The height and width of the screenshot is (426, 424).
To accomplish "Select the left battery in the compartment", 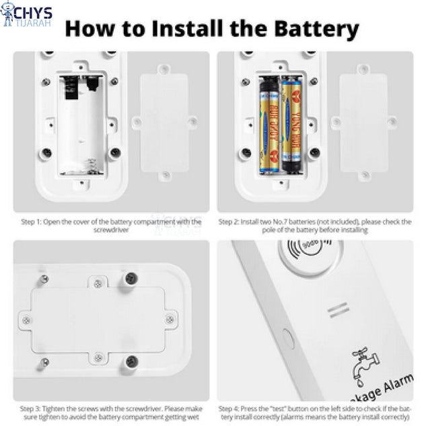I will point(269,125).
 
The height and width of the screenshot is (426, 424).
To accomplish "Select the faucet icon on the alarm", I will point(361,364).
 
